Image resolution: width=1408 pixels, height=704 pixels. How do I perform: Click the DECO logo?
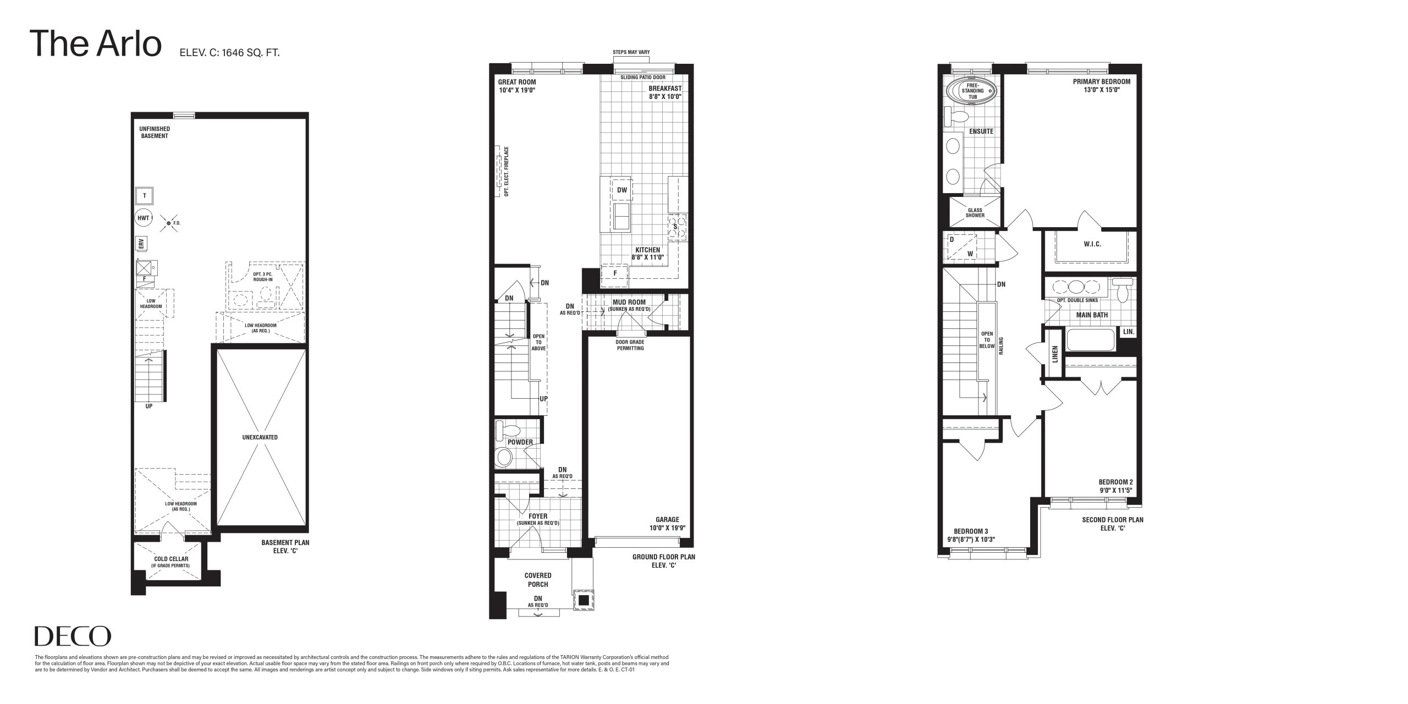[x=73, y=636]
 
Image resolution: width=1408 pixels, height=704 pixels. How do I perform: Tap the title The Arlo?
[x=97, y=44]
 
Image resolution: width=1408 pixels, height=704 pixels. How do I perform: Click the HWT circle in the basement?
[x=143, y=218]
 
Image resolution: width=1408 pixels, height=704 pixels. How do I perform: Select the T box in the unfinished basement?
[x=144, y=196]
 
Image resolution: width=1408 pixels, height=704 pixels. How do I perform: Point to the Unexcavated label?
[x=260, y=438]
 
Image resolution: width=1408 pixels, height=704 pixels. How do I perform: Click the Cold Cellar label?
[x=171, y=559]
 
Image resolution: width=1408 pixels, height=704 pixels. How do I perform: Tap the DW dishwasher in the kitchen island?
[x=622, y=190]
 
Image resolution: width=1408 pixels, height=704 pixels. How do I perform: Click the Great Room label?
[x=517, y=82]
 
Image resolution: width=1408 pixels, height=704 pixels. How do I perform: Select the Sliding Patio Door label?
[x=642, y=78]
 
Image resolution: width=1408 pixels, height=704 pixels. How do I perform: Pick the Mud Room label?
[x=629, y=302]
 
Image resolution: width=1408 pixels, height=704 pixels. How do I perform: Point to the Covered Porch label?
[x=538, y=580]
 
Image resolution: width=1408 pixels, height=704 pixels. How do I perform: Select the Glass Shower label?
[x=975, y=212]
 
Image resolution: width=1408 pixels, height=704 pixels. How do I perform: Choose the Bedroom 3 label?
[x=971, y=531]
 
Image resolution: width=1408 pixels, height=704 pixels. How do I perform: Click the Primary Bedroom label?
[x=1101, y=82]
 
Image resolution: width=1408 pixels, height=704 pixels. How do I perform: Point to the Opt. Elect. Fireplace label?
[x=506, y=171]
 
